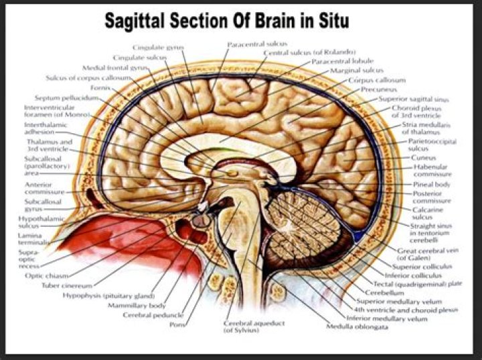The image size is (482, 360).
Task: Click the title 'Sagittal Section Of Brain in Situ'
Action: click(226, 22)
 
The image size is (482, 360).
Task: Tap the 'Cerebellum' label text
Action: click(384, 292)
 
